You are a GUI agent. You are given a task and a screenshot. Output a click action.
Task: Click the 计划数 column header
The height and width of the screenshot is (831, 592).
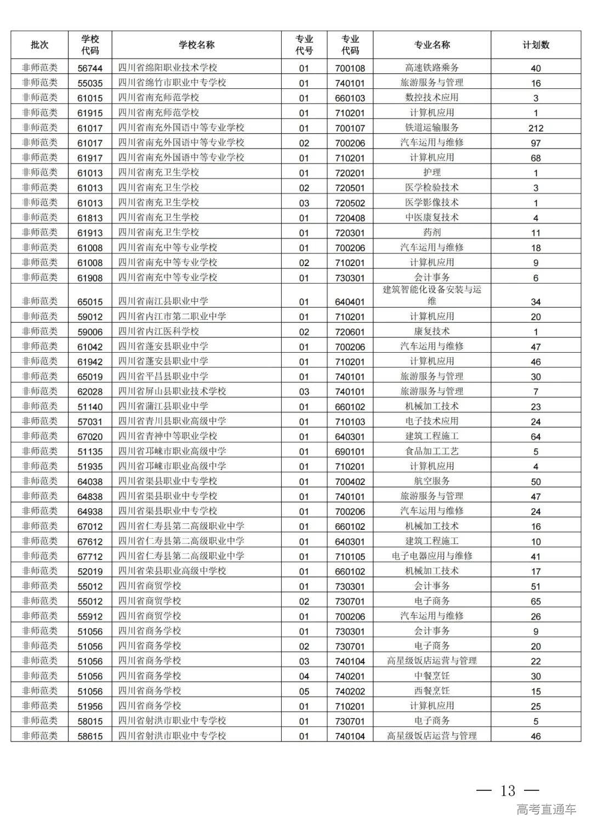click(x=536, y=45)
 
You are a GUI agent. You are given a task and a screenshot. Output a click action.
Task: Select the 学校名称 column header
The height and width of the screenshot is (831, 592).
click(x=196, y=45)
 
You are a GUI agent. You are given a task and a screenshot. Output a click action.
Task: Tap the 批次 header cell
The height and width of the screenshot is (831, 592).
click(x=39, y=45)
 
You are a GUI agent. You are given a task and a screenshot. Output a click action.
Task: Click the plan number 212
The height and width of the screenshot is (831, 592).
click(x=536, y=128)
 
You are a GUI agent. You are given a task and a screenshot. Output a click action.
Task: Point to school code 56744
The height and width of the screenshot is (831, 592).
click(x=90, y=68)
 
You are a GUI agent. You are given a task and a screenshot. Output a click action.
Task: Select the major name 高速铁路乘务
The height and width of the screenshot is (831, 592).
click(x=432, y=68)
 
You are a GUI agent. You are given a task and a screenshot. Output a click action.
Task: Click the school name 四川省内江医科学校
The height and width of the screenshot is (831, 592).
click(x=158, y=331)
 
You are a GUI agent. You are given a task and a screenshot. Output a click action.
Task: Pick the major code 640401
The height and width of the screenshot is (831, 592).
click(x=350, y=302)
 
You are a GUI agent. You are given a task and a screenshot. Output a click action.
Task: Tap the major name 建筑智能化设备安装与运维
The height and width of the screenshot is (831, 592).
click(x=432, y=295)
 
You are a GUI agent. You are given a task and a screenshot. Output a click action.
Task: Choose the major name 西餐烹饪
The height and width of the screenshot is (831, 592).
click(x=432, y=691)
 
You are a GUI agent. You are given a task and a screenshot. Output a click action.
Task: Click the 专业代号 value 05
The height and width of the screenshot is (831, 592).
click(x=304, y=691)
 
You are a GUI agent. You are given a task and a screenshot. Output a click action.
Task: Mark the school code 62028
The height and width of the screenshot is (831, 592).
click(x=90, y=392)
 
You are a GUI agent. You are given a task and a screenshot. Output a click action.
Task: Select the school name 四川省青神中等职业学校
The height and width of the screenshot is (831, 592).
click(x=168, y=436)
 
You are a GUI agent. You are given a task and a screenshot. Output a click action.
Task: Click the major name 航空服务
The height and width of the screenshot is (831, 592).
click(x=432, y=481)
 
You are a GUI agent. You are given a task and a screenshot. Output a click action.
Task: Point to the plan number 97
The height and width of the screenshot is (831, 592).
click(x=536, y=143)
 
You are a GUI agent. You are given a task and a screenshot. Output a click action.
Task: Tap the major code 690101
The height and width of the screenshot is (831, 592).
click(x=350, y=451)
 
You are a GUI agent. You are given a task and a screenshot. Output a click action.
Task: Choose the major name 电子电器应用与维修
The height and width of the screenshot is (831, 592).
click(x=432, y=556)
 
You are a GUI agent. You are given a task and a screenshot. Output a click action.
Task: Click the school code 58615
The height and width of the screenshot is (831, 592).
click(x=90, y=736)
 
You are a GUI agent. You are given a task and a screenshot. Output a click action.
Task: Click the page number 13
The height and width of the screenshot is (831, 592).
click(x=508, y=790)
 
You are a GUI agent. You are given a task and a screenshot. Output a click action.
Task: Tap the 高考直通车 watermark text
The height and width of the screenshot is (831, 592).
click(x=546, y=809)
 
